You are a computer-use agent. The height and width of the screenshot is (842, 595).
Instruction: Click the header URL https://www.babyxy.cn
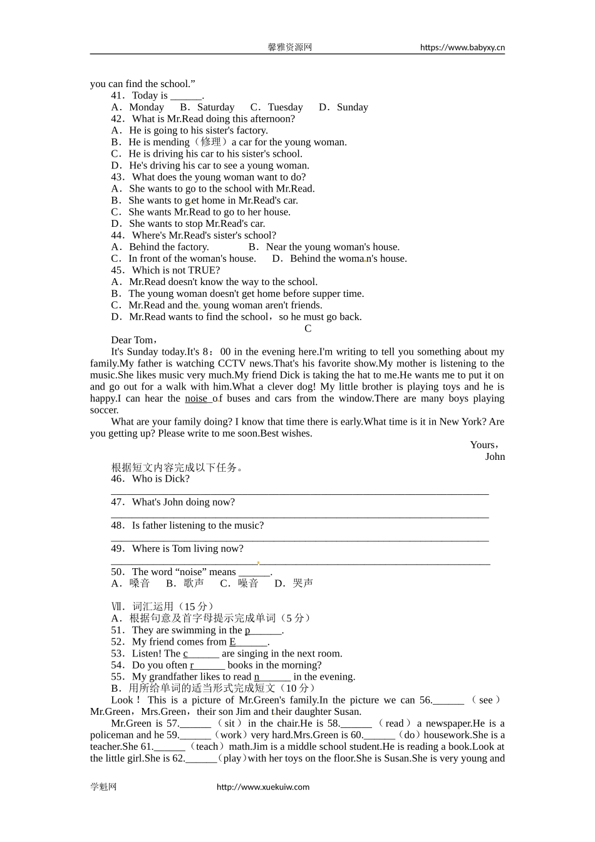click(x=462, y=47)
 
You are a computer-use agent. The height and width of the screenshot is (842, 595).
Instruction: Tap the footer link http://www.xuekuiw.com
click(x=262, y=787)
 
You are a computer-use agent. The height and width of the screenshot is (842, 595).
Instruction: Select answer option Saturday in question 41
click(x=215, y=107)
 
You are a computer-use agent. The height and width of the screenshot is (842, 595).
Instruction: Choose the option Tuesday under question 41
click(x=285, y=107)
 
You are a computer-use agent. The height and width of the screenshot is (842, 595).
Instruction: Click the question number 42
click(x=118, y=119)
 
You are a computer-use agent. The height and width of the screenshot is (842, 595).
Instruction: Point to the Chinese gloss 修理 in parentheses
click(x=210, y=142)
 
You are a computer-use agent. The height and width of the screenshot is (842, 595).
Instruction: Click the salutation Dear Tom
click(x=133, y=340)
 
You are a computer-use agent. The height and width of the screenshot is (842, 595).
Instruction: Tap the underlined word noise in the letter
click(x=197, y=398)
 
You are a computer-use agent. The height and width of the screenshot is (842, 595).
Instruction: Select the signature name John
click(x=495, y=457)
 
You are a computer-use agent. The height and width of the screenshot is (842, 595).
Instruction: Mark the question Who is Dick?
click(x=160, y=479)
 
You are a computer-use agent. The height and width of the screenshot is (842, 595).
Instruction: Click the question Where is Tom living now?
click(x=187, y=549)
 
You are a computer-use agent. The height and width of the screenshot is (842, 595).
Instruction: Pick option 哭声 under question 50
click(x=303, y=583)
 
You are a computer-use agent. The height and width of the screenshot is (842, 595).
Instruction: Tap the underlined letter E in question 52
click(x=232, y=642)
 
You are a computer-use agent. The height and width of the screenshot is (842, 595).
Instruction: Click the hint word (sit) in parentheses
click(x=229, y=724)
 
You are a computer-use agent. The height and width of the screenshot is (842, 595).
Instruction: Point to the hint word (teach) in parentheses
click(x=207, y=747)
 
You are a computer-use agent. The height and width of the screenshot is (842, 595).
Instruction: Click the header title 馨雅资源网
click(x=289, y=47)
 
